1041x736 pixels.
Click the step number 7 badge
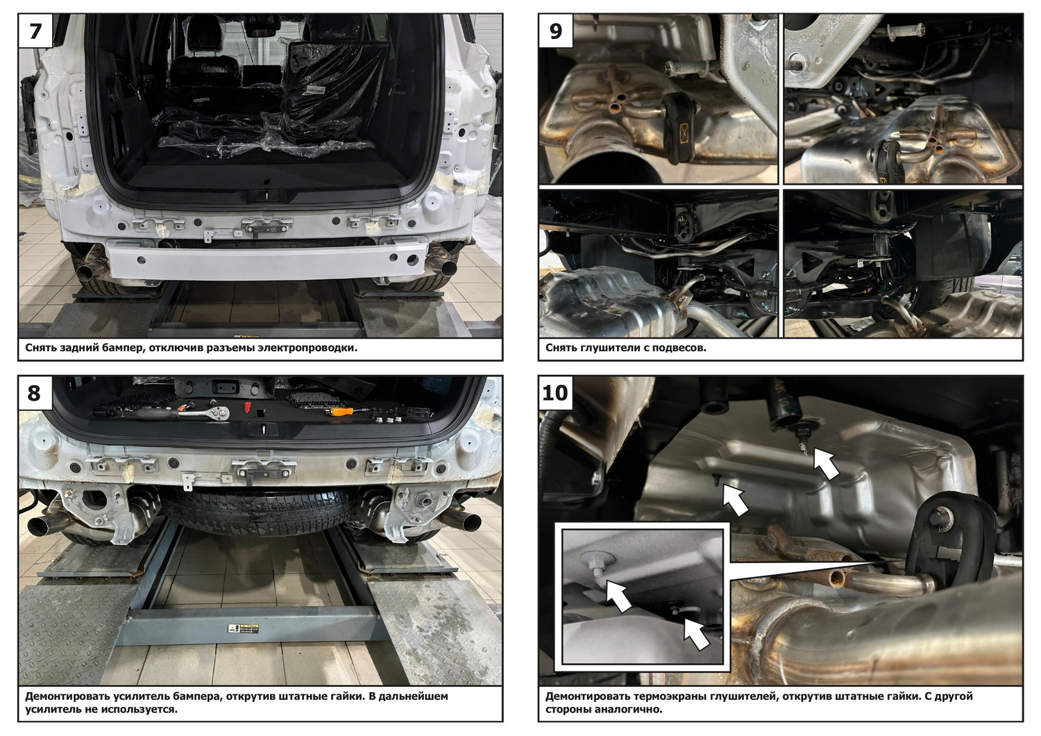pos(35,31)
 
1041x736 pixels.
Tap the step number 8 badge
pos(35,393)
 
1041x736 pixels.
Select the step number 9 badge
pos(556,31)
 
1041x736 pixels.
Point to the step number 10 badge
pos(555,393)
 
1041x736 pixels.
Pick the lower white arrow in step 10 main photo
pos(735,499)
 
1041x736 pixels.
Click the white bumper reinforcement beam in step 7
pos(266,259)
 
